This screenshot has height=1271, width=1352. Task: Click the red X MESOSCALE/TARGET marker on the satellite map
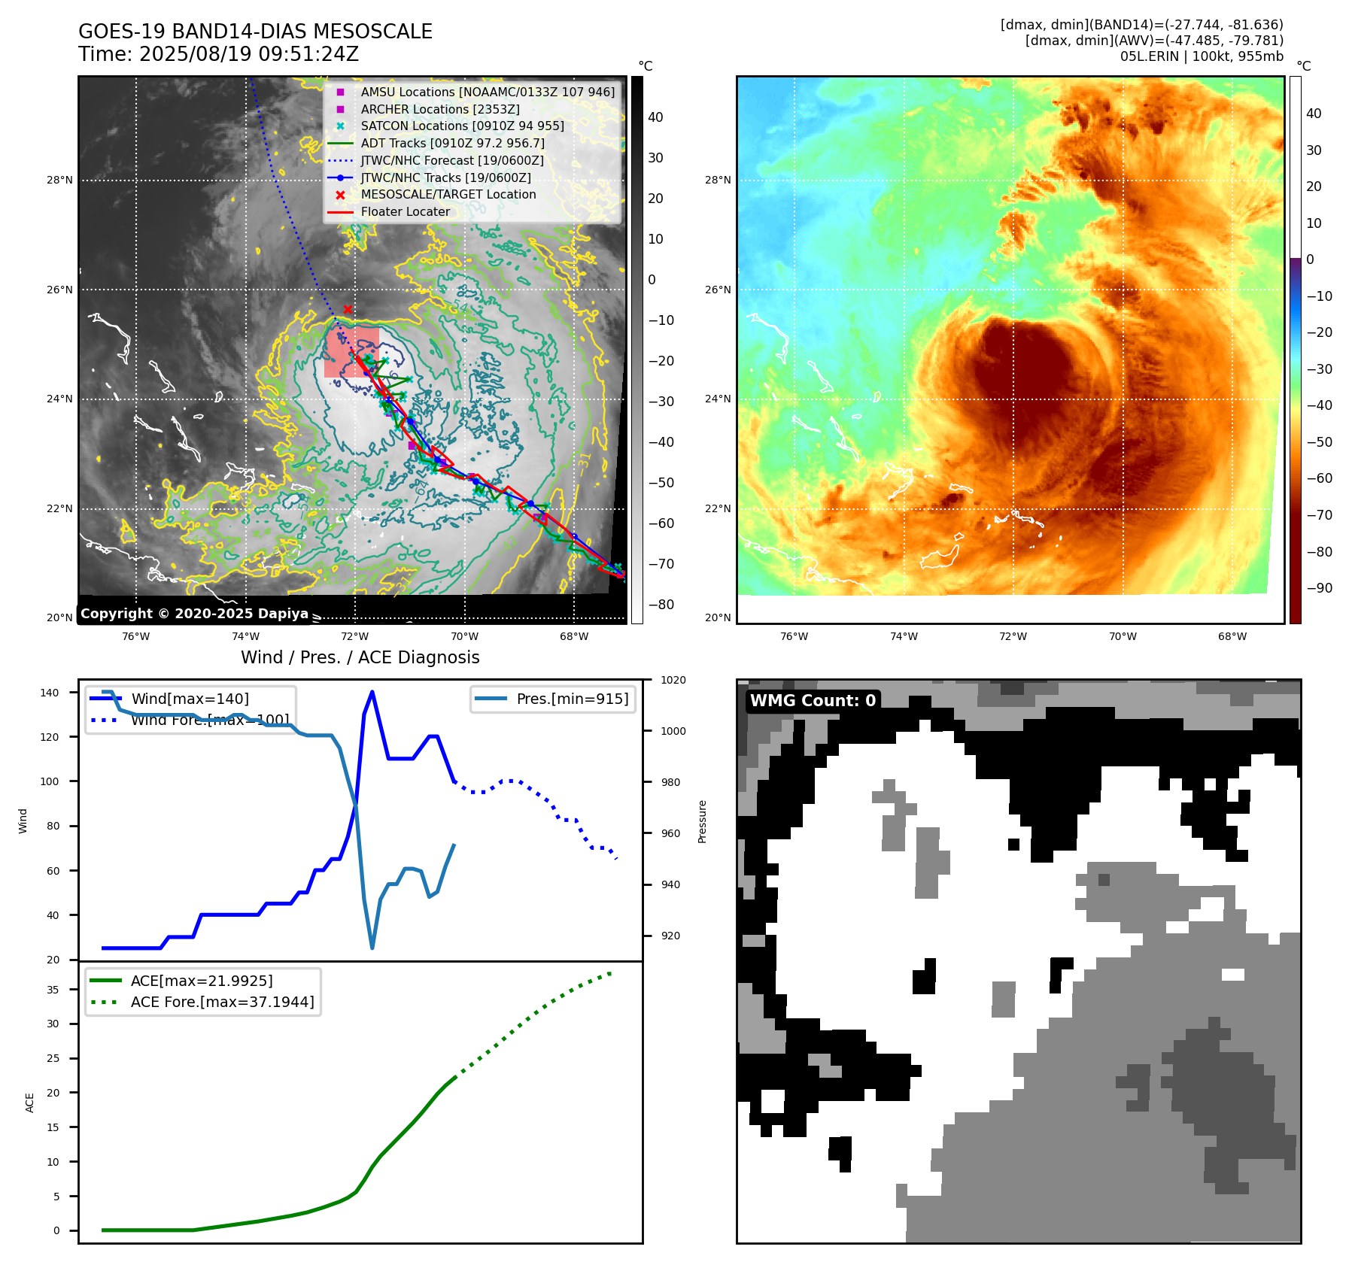click(348, 309)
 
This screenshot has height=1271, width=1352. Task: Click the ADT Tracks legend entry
click(452, 143)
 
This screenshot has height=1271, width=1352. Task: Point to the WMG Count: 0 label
click(813, 701)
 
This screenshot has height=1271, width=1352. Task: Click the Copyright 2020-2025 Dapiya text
click(194, 614)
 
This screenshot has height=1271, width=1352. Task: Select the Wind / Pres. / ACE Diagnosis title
click(360, 657)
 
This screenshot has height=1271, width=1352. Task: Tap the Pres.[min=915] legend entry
click(572, 699)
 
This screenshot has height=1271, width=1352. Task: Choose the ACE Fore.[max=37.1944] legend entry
click(222, 1002)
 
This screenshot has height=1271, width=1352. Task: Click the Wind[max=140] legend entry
click(190, 699)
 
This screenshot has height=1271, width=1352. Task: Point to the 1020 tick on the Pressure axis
click(673, 681)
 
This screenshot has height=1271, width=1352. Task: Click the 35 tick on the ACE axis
click(53, 990)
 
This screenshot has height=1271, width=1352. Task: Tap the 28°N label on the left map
click(59, 180)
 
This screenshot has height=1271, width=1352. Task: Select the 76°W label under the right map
click(794, 637)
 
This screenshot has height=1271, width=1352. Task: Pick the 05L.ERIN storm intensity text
click(1201, 56)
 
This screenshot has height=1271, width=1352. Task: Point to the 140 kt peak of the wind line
click(372, 692)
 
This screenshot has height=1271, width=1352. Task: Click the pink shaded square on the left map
click(351, 352)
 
